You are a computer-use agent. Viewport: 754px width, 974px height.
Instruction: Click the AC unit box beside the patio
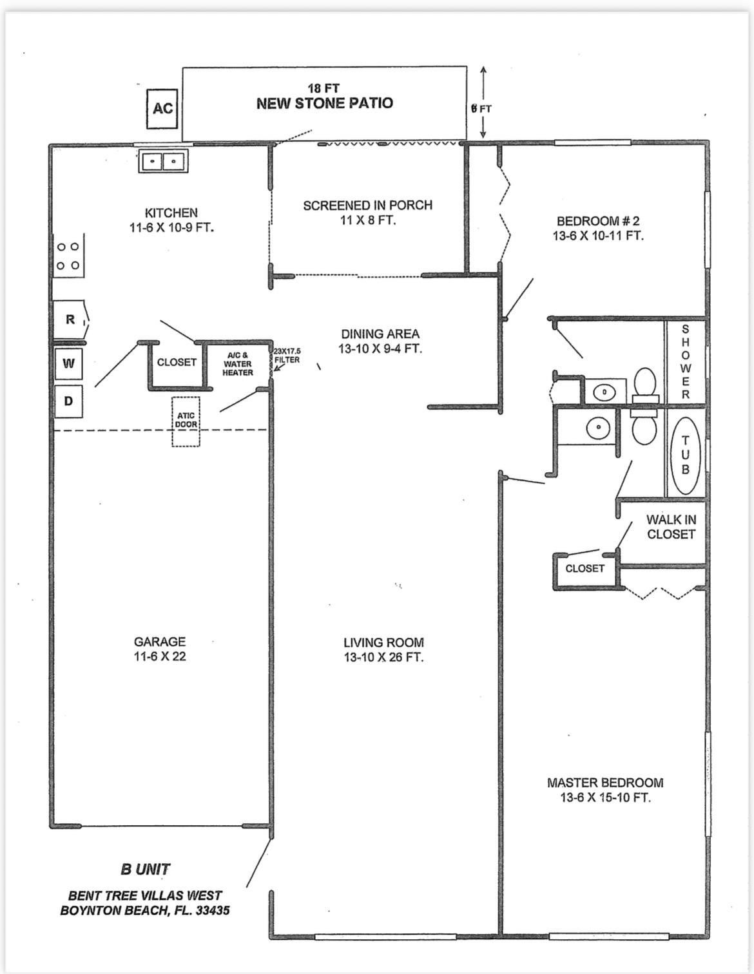tap(162, 108)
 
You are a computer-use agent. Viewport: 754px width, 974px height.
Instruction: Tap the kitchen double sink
tap(162, 160)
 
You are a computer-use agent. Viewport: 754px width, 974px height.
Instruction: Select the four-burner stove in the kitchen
tap(68, 256)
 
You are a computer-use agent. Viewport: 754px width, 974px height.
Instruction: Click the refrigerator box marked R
tap(70, 320)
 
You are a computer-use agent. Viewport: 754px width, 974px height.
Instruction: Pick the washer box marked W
tap(68, 363)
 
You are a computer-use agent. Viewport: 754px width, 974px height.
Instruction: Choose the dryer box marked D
tap(68, 401)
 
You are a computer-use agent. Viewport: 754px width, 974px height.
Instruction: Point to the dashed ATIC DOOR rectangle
tap(186, 421)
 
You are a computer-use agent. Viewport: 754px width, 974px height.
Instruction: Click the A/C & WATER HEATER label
tap(238, 364)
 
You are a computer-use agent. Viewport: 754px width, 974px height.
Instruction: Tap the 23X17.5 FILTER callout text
tap(287, 356)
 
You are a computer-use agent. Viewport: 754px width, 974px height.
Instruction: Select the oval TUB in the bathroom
tap(685, 455)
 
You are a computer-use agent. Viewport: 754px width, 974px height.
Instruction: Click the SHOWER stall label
tap(685, 362)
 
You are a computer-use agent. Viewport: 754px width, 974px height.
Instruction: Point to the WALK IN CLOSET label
tap(671, 527)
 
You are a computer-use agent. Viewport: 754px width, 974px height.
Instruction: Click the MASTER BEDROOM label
tap(604, 783)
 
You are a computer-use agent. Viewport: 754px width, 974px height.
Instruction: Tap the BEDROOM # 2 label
tap(597, 221)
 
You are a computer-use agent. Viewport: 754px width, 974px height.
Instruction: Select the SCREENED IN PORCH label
tap(367, 205)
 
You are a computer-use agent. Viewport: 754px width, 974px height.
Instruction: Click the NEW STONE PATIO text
tap(324, 104)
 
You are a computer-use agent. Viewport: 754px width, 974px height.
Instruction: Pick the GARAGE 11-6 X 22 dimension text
tap(160, 657)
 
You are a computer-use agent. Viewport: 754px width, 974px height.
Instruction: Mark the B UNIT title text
tap(146, 869)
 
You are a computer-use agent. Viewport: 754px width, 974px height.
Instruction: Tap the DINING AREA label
tap(380, 334)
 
